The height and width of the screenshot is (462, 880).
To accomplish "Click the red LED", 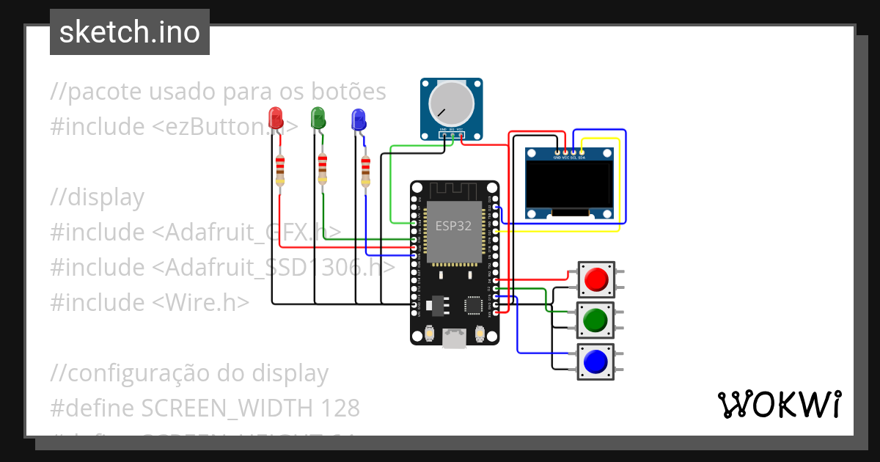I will (276, 118).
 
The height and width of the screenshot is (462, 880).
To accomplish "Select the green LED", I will (318, 118).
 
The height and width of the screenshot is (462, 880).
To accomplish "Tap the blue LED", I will (359, 120).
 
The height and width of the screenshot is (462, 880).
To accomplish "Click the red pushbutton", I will (595, 279).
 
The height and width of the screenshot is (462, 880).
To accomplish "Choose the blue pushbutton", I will (595, 361).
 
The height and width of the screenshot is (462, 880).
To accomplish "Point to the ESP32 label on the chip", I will (453, 226).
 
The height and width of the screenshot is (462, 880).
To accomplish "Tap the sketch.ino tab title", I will (130, 32).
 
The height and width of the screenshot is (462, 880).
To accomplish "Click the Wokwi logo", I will (779, 404).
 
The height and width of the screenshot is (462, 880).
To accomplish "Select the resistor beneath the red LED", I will (279, 170).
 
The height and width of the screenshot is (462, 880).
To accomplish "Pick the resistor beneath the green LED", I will (322, 170).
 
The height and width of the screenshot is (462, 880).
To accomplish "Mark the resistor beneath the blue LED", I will (365, 172).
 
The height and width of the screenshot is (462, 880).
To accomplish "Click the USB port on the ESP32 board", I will (455, 338).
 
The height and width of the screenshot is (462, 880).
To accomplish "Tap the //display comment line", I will (98, 197).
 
